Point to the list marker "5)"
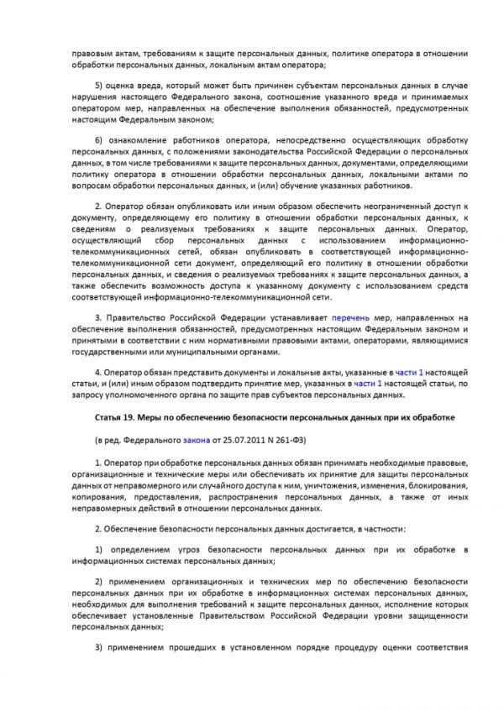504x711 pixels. point(99,86)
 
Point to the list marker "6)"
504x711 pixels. point(99,139)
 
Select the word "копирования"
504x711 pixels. point(99,498)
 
